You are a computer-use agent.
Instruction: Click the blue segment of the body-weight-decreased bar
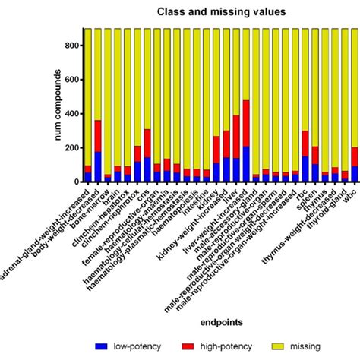[98, 166]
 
